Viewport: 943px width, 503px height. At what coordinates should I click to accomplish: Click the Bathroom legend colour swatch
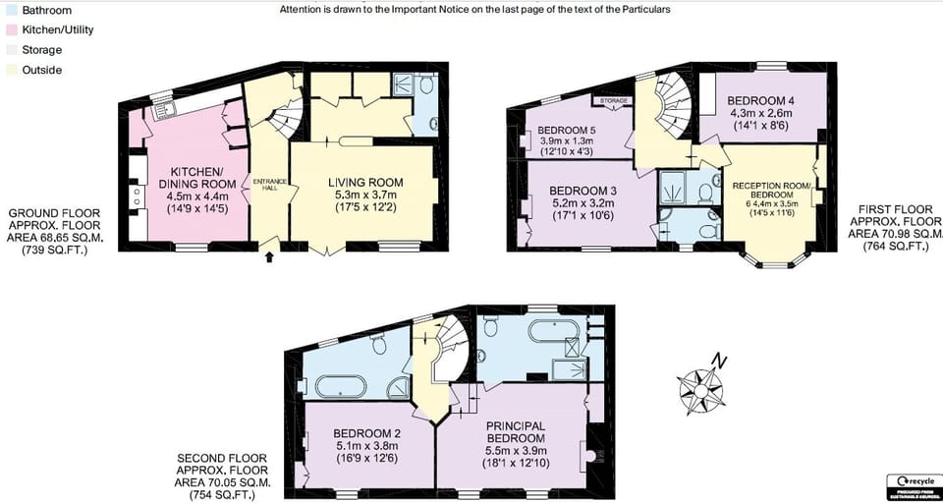coord(8,10)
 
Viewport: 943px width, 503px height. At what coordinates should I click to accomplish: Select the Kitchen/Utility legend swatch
coord(8,29)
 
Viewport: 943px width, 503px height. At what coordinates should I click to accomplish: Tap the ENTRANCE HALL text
coord(267,186)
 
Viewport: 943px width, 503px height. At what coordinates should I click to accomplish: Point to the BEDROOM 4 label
coord(761,101)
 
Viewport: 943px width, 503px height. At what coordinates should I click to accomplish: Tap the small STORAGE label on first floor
coord(608,100)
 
